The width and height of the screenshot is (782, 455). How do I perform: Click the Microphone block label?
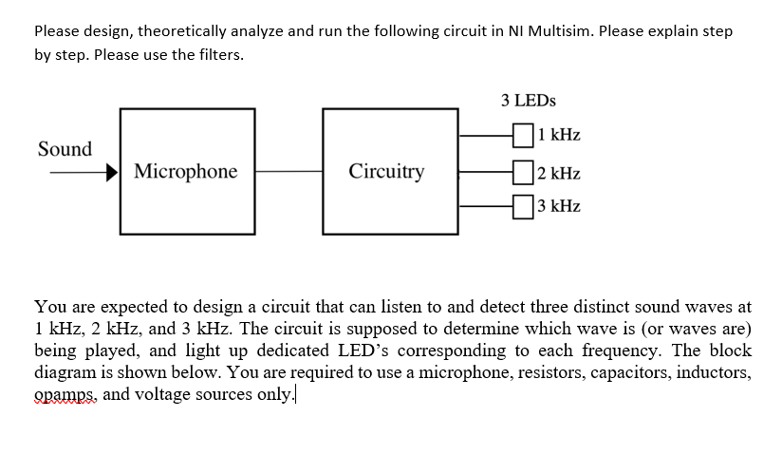click(186, 172)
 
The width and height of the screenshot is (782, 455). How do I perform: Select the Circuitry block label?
click(386, 172)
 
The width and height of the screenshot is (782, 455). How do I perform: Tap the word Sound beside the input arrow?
click(65, 149)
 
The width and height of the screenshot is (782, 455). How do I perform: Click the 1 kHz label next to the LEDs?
click(559, 136)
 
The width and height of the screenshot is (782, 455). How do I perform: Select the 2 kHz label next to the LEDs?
click(559, 173)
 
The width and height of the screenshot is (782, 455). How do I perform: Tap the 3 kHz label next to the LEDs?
click(559, 205)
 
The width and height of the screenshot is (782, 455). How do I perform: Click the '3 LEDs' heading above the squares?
click(529, 100)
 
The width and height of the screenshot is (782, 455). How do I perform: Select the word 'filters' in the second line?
click(217, 54)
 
